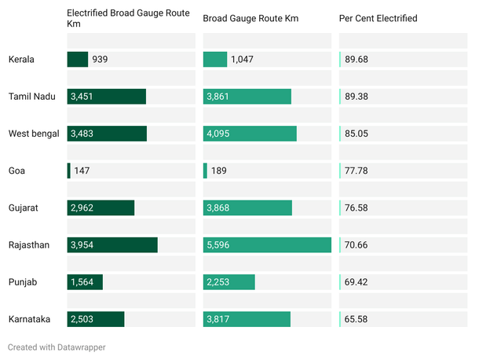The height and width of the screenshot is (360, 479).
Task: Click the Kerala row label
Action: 22,59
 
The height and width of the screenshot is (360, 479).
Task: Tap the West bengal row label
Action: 34,134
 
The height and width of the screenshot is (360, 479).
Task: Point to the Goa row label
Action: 16,171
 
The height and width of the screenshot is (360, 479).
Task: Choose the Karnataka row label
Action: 30,319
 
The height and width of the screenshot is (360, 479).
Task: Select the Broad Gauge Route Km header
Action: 250,18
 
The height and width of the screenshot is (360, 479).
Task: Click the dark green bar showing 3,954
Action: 112,245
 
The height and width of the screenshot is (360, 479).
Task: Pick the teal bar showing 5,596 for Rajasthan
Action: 267,245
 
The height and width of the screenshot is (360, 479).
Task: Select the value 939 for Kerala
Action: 101,59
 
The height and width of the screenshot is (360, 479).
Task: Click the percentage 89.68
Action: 357,59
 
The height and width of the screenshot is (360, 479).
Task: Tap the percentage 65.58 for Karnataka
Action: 357,319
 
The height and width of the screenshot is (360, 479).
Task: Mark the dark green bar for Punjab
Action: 85,282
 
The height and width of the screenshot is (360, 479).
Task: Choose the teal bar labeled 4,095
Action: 250,134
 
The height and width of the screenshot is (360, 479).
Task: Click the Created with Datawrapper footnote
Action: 57,347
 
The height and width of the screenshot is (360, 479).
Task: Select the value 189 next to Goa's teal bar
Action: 219,171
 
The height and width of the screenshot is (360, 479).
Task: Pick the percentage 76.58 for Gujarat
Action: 357,208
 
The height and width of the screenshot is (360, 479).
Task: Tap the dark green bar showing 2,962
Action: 101,208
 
